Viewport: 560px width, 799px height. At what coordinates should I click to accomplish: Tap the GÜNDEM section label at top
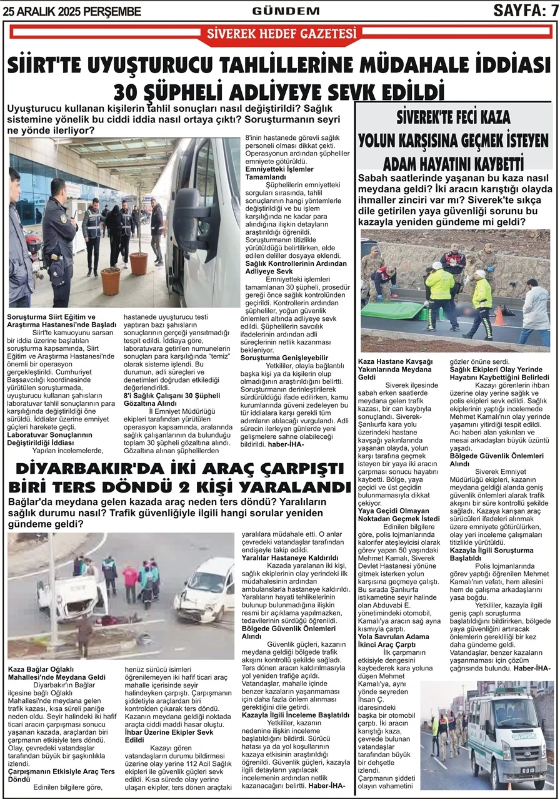point(286,11)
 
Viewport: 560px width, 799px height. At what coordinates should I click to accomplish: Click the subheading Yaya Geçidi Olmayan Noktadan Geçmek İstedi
point(399,514)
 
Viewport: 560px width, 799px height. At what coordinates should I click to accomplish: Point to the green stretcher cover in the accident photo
point(401,306)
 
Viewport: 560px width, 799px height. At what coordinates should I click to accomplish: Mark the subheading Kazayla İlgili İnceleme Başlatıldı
point(295,715)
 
